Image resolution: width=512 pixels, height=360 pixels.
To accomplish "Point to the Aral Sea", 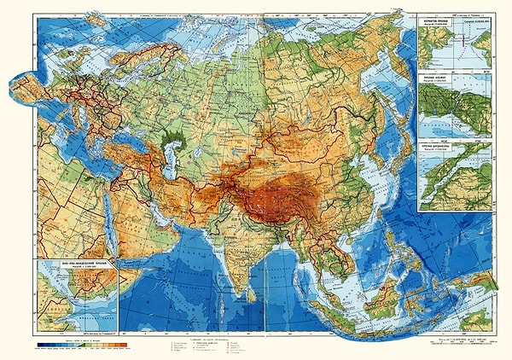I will [198, 145].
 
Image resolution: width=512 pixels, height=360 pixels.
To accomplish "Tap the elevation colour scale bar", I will [82, 344].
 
